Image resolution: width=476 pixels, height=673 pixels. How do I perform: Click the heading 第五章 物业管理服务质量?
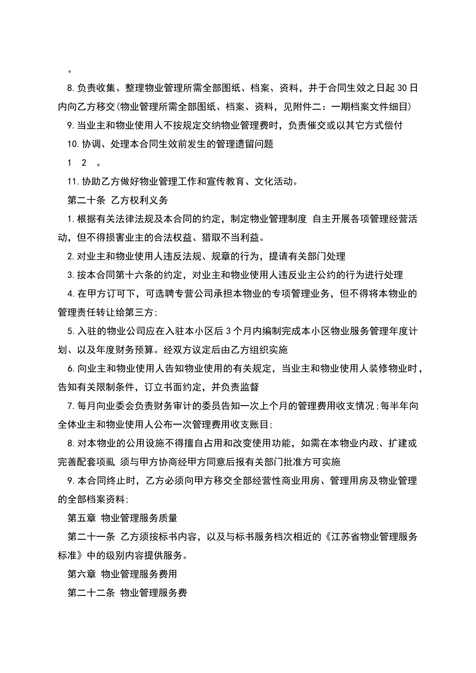click(122, 518)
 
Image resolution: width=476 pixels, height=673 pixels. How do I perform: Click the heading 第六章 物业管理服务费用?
click(122, 574)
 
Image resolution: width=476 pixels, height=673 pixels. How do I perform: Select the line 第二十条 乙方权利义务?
click(118, 200)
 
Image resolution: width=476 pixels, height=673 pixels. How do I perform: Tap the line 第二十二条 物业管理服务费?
click(127, 593)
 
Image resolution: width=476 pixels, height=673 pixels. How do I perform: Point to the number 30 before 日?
click(402, 88)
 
